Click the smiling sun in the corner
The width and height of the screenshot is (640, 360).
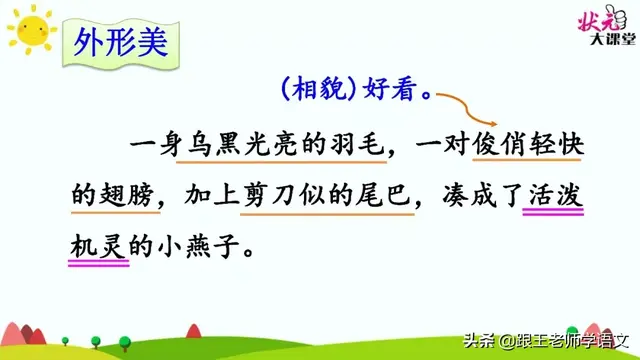tap(30, 29)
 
